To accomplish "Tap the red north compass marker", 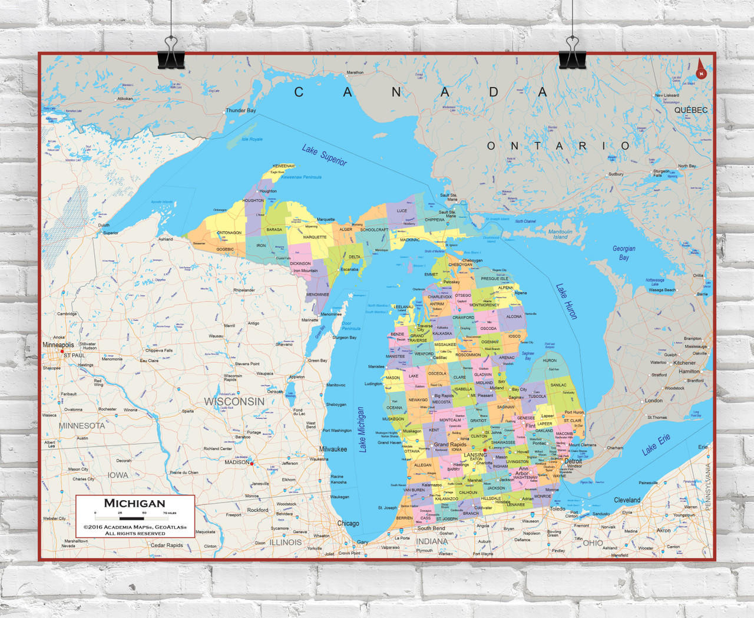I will [x=701, y=70].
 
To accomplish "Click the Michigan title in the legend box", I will [x=135, y=503].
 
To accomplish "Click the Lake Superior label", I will [x=324, y=155].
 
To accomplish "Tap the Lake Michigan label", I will [x=362, y=429].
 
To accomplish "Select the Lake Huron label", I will [x=566, y=301].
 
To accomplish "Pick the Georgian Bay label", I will [x=624, y=253].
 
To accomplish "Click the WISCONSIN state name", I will [x=234, y=401].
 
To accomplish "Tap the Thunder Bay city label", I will [x=241, y=110].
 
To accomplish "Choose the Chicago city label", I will [x=348, y=523].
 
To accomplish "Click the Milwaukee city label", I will [x=333, y=449].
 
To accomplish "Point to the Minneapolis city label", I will [x=58, y=345].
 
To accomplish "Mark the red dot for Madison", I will [x=252, y=464].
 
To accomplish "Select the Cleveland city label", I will [x=627, y=500].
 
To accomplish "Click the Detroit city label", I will [x=573, y=461].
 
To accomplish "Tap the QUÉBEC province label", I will [x=691, y=110].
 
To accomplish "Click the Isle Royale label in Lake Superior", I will [x=252, y=139].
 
